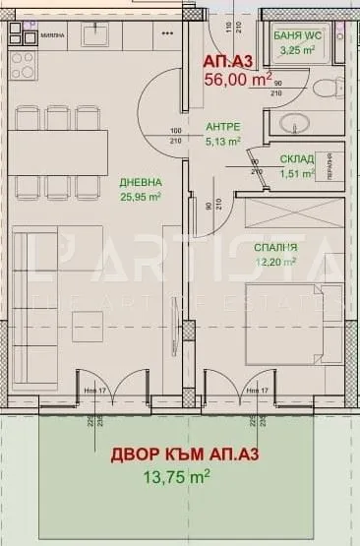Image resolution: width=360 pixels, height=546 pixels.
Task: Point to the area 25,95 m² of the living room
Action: coord(140,196)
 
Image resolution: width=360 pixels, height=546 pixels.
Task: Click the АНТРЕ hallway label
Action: coord(223,127)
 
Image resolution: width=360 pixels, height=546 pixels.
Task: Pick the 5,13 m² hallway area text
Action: coord(223,141)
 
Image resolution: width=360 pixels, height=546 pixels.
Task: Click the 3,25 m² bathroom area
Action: coord(295,48)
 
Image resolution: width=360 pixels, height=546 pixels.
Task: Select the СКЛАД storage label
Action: coord(296,159)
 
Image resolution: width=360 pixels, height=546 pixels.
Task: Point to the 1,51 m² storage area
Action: coord(296,173)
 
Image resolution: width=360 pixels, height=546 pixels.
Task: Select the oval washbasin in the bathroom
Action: coord(292,125)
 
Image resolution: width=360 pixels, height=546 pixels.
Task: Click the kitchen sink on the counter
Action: coord(96,35)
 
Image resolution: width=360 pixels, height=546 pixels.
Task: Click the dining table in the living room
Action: coord(59,152)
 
